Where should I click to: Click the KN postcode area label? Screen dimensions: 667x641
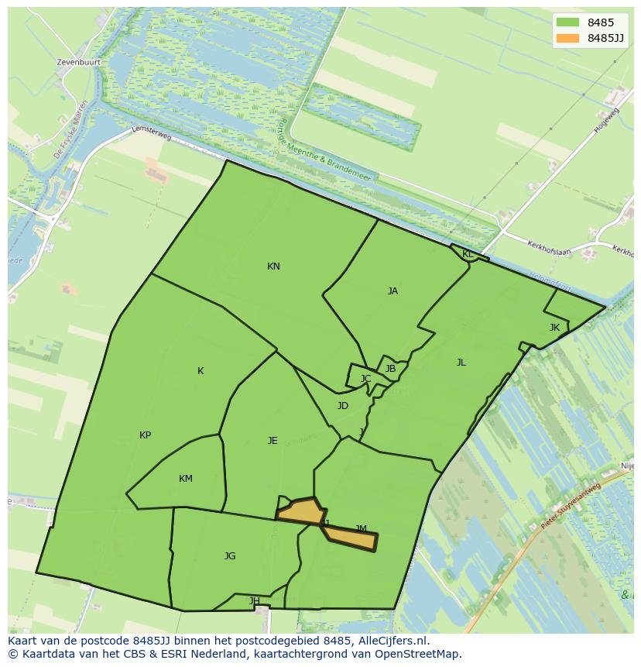click(x=273, y=266)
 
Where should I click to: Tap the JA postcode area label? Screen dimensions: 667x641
click(x=392, y=291)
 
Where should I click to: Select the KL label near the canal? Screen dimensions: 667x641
click(x=468, y=254)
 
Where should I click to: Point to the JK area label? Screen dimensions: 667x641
click(x=554, y=328)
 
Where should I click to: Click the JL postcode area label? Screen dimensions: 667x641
click(x=461, y=363)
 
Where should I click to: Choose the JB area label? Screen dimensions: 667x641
click(x=390, y=369)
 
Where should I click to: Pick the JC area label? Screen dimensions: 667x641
click(x=366, y=379)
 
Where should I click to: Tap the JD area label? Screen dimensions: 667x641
click(x=343, y=406)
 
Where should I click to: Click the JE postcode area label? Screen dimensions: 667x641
click(x=273, y=441)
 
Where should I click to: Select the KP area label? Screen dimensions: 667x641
click(x=145, y=435)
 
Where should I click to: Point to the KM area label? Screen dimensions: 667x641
click(x=186, y=479)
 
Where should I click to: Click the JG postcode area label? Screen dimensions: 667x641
click(x=230, y=556)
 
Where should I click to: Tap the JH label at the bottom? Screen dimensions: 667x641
click(x=254, y=601)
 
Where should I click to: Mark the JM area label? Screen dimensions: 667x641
click(x=361, y=529)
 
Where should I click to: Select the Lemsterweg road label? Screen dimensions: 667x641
click(x=152, y=132)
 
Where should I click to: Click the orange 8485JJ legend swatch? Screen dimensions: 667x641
click(x=567, y=38)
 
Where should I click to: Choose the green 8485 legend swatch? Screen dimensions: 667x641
click(x=567, y=22)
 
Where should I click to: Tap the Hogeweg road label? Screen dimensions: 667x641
click(x=607, y=120)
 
